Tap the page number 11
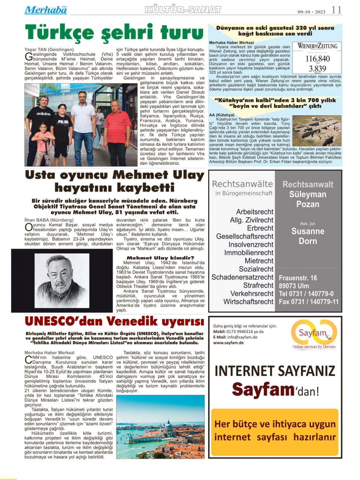coord(336,10)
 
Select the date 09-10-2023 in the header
coord(311,12)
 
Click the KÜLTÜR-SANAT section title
coord(183,10)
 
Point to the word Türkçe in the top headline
coord(59,33)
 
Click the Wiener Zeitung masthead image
coord(317,46)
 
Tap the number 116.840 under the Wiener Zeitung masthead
coord(317,59)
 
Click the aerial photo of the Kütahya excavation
coord(317,131)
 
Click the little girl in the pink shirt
coord(43,141)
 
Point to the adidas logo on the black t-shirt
coord(43,114)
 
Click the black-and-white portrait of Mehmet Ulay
coord(62,281)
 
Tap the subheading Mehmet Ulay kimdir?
coord(160,258)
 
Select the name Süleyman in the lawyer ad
coord(308,194)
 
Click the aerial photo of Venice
coord(160,426)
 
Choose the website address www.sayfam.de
coord(228,343)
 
